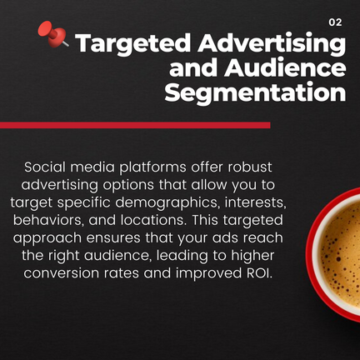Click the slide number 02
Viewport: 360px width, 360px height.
point(335,22)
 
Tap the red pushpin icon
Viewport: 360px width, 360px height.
point(52,34)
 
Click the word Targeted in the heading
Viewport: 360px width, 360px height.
point(133,44)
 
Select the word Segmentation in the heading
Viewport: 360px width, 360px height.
point(255,92)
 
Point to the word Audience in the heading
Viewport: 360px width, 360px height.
point(285,67)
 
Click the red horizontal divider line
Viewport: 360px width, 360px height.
point(135,125)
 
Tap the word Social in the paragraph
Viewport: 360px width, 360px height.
point(45,167)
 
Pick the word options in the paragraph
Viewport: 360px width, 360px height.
point(128,186)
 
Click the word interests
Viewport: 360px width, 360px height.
point(255,202)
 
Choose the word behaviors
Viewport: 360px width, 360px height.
point(48,221)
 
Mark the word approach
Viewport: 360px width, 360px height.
point(47,239)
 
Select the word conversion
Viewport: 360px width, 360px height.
point(62,273)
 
